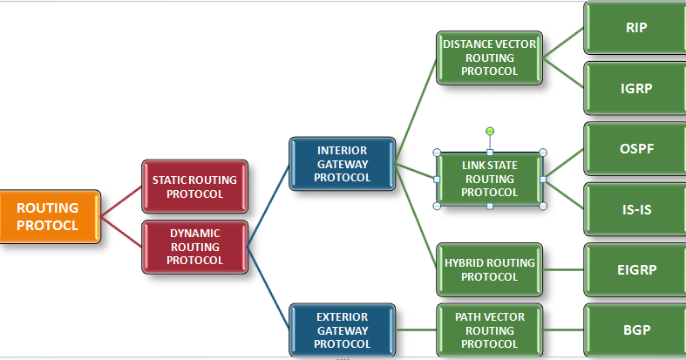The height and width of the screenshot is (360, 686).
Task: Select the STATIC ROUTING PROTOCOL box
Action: (194, 187)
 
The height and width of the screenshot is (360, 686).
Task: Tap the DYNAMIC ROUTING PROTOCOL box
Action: (194, 247)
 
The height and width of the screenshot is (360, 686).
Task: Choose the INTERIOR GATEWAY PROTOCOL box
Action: (342, 164)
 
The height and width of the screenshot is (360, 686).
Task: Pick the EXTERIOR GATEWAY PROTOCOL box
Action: (342, 329)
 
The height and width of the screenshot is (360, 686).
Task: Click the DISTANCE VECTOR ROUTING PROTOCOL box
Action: (489, 58)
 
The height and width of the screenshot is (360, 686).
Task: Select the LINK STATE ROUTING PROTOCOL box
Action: (489, 179)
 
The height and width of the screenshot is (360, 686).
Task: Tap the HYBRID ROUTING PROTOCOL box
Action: (489, 269)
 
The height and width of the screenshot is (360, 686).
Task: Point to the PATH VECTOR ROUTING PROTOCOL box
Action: (489, 329)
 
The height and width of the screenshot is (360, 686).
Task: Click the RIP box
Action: (635, 28)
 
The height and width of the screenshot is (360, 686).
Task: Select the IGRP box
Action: (635, 88)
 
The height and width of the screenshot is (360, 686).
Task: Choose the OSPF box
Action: (635, 148)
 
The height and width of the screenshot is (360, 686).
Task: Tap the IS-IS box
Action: (635, 209)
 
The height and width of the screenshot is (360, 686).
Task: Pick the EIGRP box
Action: (635, 269)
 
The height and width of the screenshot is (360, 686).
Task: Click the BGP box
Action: (635, 329)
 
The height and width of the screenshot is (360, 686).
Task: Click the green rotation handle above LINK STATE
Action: (490, 131)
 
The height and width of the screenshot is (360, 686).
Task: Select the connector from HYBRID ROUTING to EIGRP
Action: (563, 269)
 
